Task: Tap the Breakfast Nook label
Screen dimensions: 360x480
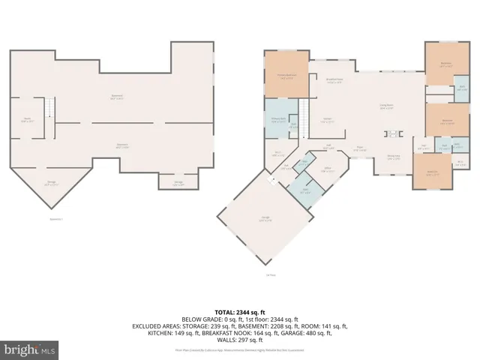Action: [x=334, y=80]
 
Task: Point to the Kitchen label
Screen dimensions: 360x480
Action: [x=328, y=120]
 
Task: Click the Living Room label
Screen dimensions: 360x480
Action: [x=387, y=106]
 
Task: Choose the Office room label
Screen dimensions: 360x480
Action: [x=328, y=170]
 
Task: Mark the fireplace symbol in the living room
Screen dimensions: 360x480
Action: [x=392, y=134]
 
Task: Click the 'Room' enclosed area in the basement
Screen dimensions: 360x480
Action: [x=27, y=120]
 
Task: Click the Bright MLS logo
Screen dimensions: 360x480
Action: [x=31, y=349]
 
